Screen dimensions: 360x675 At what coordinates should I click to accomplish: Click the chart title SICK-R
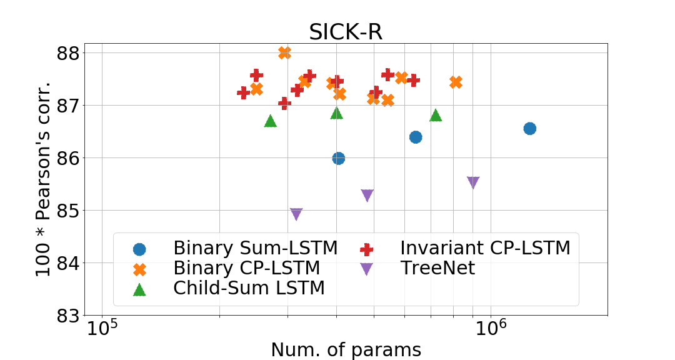[x=346, y=32]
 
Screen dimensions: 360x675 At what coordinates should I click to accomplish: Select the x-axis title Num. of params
[x=346, y=349]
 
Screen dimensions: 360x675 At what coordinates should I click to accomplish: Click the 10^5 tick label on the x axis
[x=102, y=328]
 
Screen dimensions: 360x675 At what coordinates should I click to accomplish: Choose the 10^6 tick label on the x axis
[x=490, y=328]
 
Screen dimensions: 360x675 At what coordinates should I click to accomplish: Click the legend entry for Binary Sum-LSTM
[x=255, y=248]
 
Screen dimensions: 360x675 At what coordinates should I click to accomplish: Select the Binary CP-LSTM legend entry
[x=246, y=269]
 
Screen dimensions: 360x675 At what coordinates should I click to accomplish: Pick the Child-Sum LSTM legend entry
[x=249, y=288]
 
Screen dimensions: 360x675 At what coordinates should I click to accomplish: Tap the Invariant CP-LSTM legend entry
[x=485, y=248]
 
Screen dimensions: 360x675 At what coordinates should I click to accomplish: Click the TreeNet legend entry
[x=437, y=269]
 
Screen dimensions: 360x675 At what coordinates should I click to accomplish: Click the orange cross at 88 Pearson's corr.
[x=284, y=52]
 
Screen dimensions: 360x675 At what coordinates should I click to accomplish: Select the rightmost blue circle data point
[x=529, y=128]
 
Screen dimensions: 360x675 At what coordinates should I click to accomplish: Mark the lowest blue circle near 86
[x=338, y=158]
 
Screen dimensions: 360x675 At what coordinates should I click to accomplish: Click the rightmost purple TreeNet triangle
[x=473, y=182]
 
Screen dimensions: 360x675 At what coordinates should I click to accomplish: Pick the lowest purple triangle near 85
[x=296, y=214]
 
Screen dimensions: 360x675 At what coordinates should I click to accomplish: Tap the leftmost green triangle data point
[x=270, y=121]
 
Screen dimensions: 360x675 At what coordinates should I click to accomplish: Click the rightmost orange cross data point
[x=456, y=82]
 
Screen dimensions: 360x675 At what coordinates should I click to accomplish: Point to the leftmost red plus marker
[x=243, y=92]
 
